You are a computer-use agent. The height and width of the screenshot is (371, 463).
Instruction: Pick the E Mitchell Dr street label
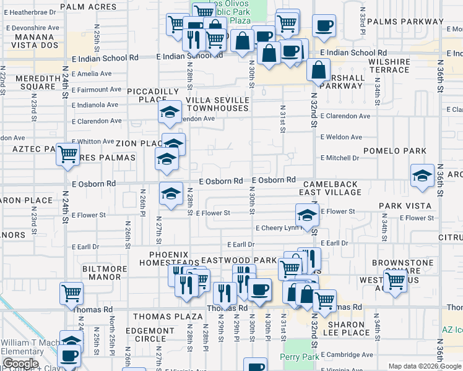point(339,158)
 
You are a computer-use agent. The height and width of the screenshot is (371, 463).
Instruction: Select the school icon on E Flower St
point(307,216)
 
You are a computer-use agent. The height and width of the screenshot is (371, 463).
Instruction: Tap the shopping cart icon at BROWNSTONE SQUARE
point(396,281)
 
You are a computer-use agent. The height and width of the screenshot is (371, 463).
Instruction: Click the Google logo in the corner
point(20,364)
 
